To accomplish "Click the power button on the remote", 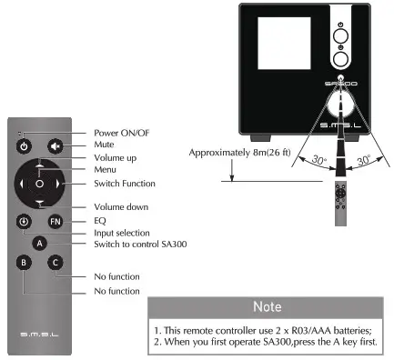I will pyautogui.click(x=25, y=145).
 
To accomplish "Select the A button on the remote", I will pyautogui.click(x=39, y=243).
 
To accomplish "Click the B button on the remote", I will pyautogui.click(x=25, y=262).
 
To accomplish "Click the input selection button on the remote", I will pyautogui.click(x=25, y=221).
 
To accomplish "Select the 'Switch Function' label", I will pyautogui.click(x=125, y=183).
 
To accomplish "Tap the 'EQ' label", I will pyautogui.click(x=99, y=219).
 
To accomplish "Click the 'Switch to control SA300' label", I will pyautogui.click(x=140, y=244).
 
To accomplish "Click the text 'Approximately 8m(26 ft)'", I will pyautogui.click(x=239, y=152).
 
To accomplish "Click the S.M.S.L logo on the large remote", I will pyautogui.click(x=39, y=335).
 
